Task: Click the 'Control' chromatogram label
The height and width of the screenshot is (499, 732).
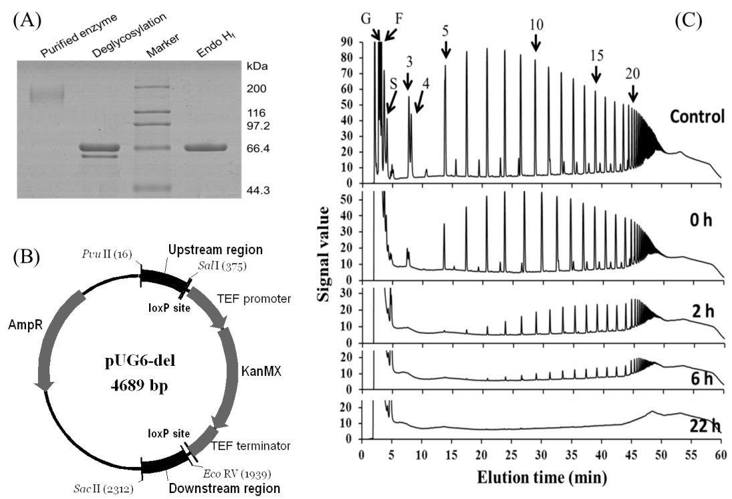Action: click(x=697, y=116)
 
